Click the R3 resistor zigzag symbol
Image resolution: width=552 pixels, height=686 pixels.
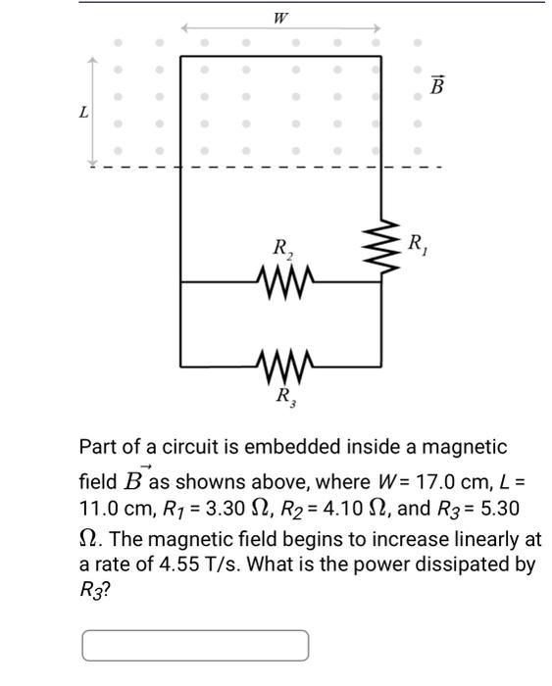(281, 367)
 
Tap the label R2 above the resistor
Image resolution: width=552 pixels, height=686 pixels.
(281, 251)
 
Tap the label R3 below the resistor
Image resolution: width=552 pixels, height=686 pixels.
(282, 397)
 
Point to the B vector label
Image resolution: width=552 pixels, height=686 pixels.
(437, 86)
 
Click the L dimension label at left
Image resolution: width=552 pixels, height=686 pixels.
(83, 112)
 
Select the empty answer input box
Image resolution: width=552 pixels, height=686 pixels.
(195, 646)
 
